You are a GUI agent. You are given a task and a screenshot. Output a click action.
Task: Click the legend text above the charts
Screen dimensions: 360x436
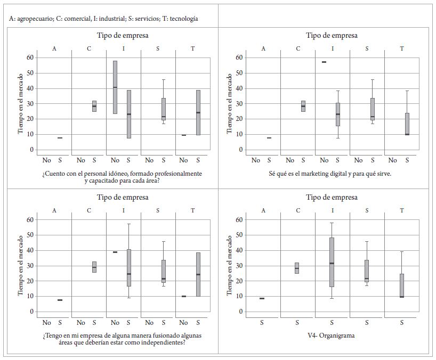(x=103, y=19)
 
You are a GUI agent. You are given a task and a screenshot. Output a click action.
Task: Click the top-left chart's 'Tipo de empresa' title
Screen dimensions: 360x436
(x=123, y=36)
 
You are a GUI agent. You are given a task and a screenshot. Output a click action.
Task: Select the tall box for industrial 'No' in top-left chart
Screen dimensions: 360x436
(x=115, y=87)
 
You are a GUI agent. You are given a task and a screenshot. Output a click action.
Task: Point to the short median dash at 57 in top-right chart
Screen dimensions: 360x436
(x=324, y=62)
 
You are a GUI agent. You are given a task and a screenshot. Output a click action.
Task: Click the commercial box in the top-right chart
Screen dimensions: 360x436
(x=303, y=106)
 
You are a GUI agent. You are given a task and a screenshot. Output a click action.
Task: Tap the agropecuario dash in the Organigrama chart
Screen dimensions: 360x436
(x=262, y=298)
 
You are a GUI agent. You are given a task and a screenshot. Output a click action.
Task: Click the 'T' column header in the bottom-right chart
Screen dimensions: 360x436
(x=402, y=210)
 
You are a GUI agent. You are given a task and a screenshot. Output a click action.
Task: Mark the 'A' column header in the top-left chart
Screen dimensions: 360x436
(x=54, y=49)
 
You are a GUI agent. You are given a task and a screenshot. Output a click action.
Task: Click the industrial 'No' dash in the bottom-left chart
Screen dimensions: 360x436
(x=115, y=252)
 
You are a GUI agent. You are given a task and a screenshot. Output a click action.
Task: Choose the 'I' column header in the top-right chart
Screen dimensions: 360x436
(x=333, y=49)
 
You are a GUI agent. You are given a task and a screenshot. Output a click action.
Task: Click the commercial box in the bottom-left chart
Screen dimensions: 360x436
(x=94, y=267)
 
